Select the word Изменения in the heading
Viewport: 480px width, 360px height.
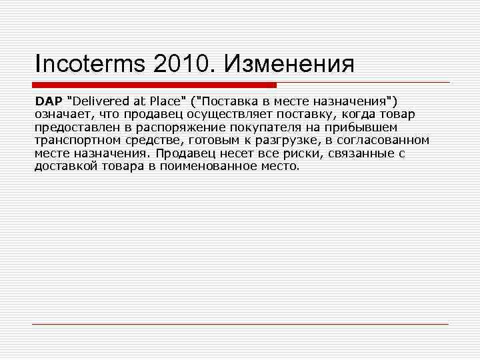288,65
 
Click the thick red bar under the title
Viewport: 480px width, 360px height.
154,85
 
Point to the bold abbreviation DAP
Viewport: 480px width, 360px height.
47,101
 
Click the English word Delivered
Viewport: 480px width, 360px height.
97,101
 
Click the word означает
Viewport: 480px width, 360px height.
62,114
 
